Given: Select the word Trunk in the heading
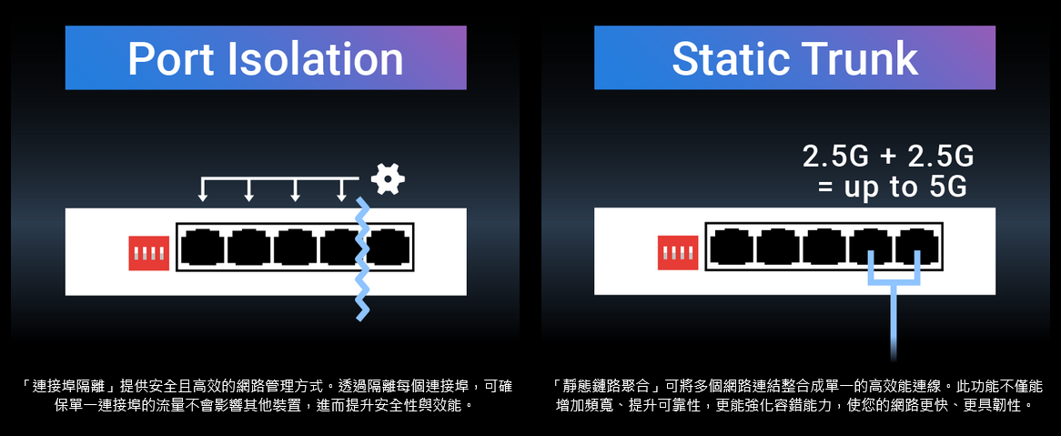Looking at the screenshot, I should pos(866,59).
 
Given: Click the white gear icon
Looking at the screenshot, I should pos(389,178).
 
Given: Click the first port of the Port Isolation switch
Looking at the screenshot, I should pos(202,248).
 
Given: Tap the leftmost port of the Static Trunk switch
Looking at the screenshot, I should pos(732,248).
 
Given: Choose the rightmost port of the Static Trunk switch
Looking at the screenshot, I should pos(917,248).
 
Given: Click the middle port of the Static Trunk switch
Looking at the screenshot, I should pos(824,248).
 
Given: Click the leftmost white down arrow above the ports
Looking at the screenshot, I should pos(203,189).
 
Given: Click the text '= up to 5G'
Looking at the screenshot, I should pos(889,188).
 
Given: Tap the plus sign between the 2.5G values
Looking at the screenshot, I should pos(888,157).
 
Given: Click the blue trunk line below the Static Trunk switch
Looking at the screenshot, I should pos(894,319).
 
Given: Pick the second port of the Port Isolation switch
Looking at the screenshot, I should pos(248,248).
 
